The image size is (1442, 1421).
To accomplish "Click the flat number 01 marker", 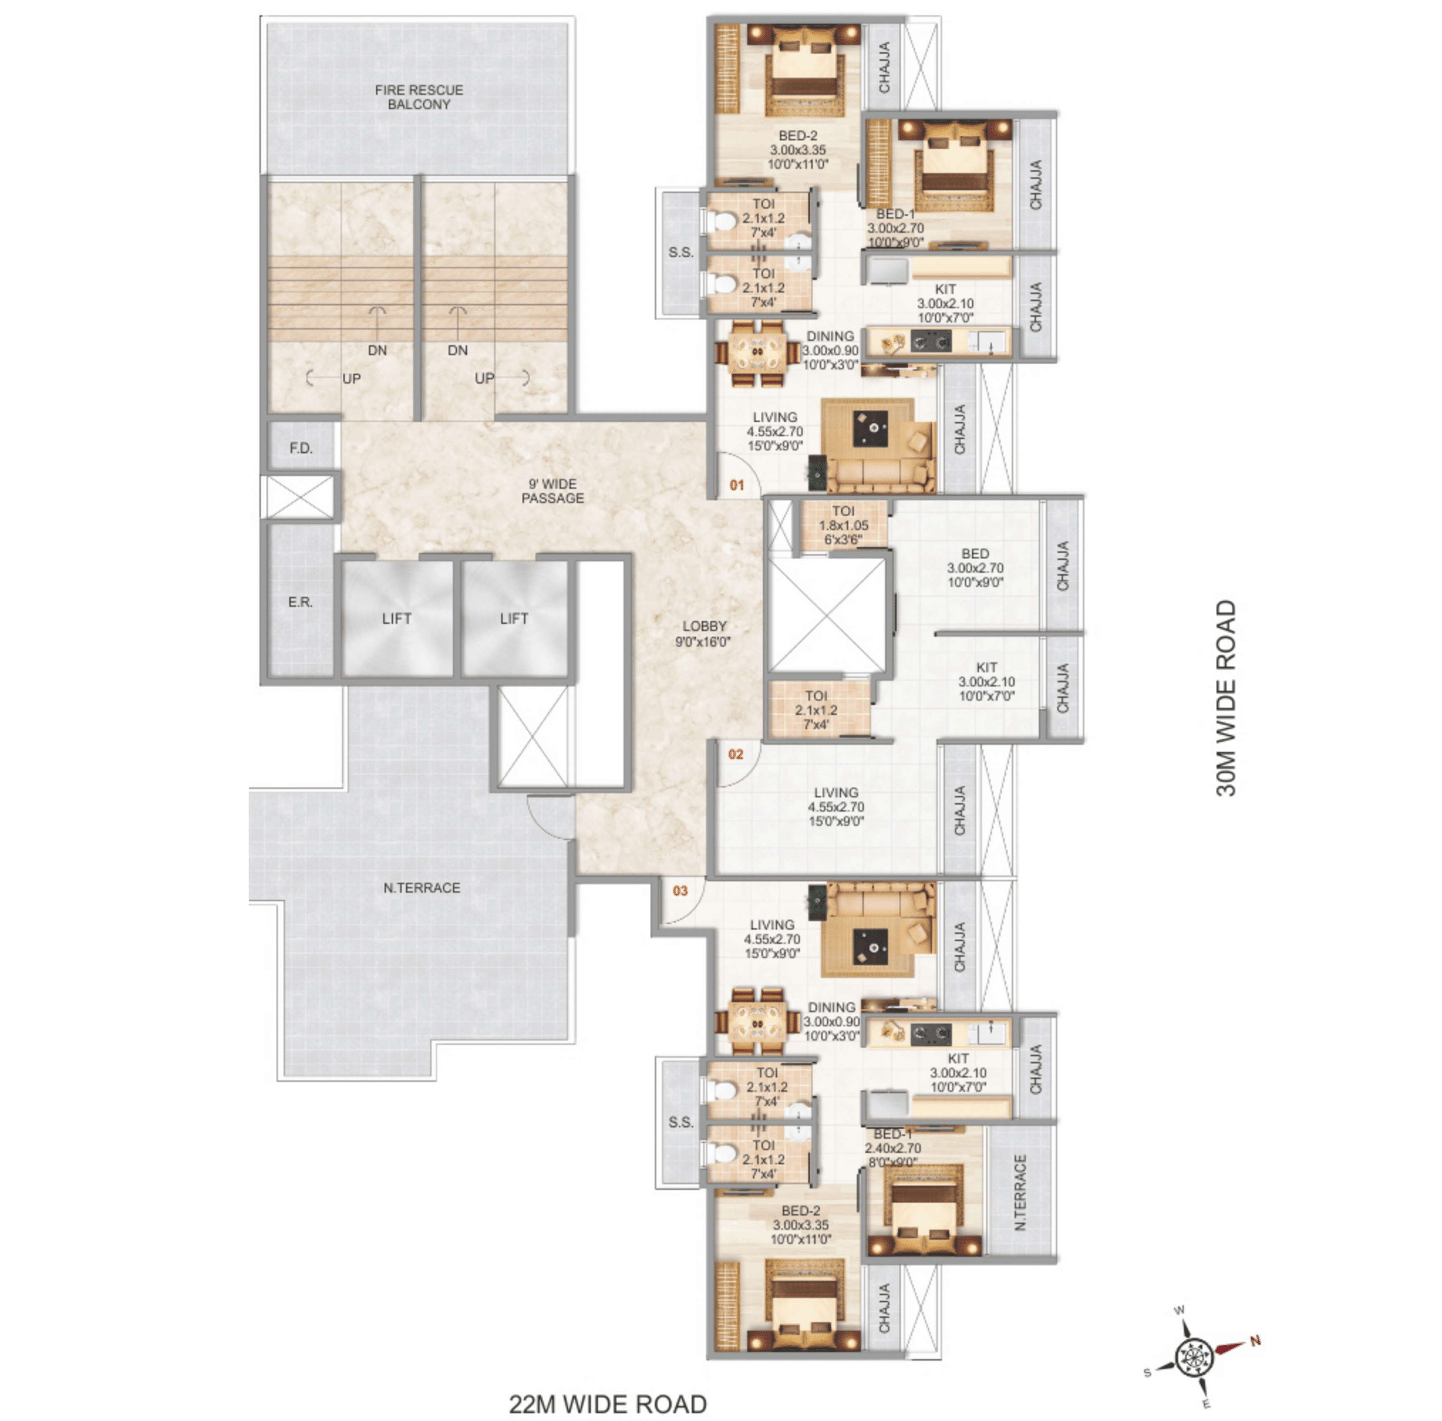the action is [736, 485].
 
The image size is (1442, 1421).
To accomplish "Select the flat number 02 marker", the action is [736, 754].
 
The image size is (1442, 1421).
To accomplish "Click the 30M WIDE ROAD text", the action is [1226, 698].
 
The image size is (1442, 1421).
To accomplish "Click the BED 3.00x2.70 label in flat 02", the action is [976, 568].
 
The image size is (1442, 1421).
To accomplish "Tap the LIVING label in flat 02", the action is [836, 792].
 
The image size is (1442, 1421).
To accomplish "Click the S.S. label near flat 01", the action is [681, 253].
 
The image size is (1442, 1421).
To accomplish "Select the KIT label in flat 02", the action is [987, 668].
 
